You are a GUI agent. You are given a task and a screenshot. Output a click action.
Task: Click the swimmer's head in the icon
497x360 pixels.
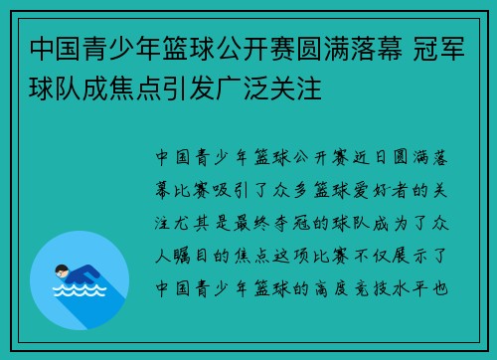tap(62, 270)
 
